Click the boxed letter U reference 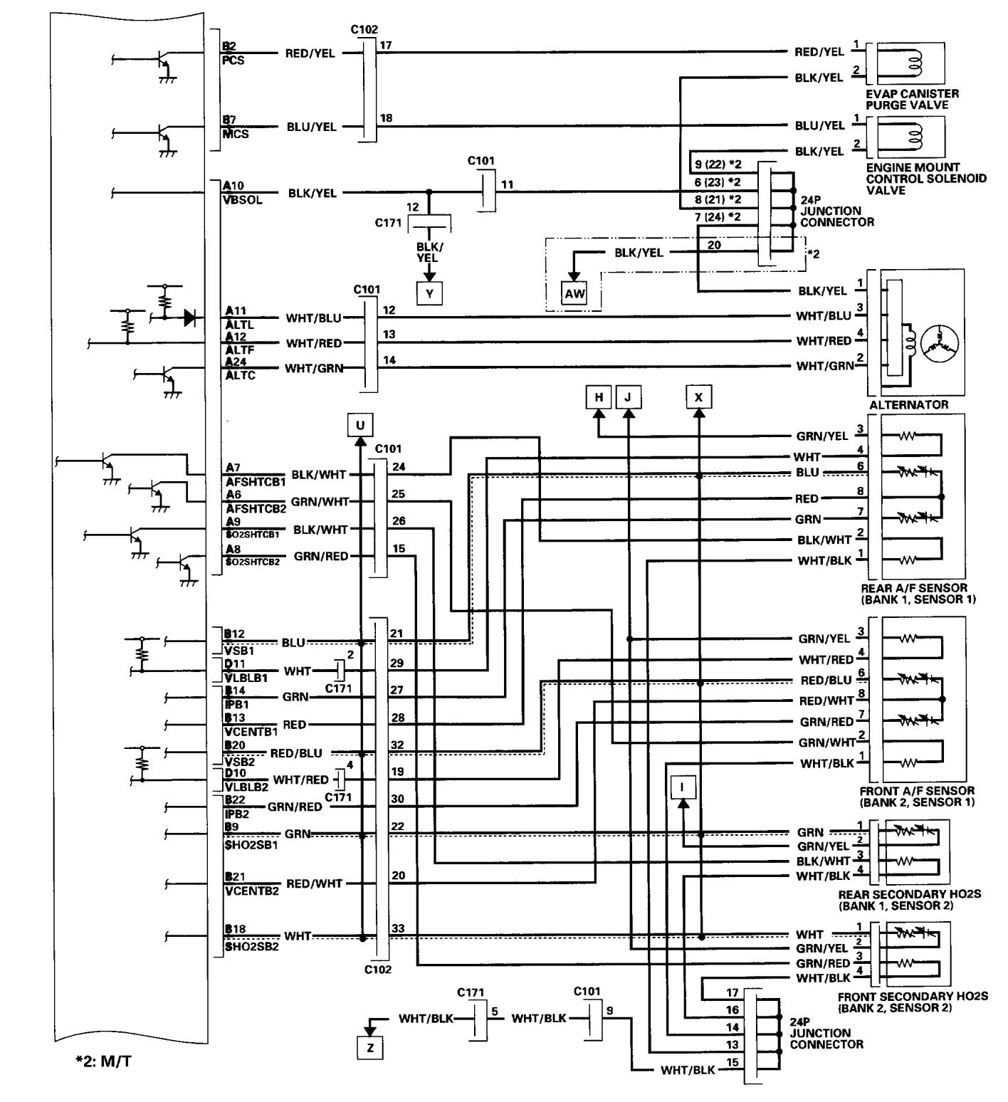(360, 425)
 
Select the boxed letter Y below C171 (429, 293)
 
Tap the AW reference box (574, 293)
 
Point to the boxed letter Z (369, 1047)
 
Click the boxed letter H (599, 397)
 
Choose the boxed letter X (698, 397)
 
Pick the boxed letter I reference (683, 787)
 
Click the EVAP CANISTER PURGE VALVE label (912, 99)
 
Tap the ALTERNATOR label (908, 404)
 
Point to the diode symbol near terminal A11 (189, 318)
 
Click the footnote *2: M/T (99, 1063)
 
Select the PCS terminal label (235, 61)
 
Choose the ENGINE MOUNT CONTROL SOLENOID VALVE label (925, 179)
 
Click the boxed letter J (627, 397)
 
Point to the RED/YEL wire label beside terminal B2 (310, 53)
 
